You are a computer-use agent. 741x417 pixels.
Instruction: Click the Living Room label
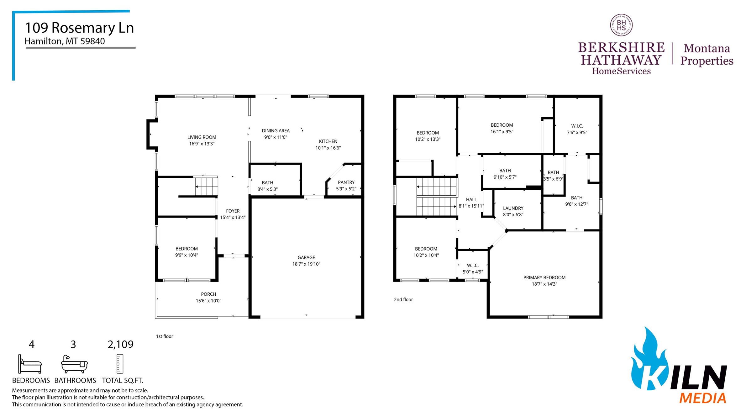202,137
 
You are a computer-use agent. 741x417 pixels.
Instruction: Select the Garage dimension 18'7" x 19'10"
306,264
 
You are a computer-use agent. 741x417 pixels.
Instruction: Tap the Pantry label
346,182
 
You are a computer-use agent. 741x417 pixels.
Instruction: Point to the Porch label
208,294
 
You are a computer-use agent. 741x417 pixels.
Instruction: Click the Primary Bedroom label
544,277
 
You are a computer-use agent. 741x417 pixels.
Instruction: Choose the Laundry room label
513,208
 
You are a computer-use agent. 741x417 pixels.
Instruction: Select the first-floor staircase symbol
206,186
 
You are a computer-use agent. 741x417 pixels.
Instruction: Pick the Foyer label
233,211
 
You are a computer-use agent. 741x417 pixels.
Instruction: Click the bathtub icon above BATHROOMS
74,364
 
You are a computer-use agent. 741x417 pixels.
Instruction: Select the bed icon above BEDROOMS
30,364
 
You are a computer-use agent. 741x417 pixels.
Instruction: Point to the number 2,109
120,345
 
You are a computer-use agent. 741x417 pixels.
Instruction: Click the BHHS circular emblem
621,25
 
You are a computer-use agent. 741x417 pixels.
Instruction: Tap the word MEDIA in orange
702,398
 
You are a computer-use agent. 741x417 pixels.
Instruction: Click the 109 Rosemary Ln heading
79,28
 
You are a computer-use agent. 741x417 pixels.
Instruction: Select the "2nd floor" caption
403,299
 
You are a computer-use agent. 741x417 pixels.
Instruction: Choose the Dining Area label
276,130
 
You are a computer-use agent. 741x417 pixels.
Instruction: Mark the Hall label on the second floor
471,199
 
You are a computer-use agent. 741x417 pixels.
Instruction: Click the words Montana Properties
707,55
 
